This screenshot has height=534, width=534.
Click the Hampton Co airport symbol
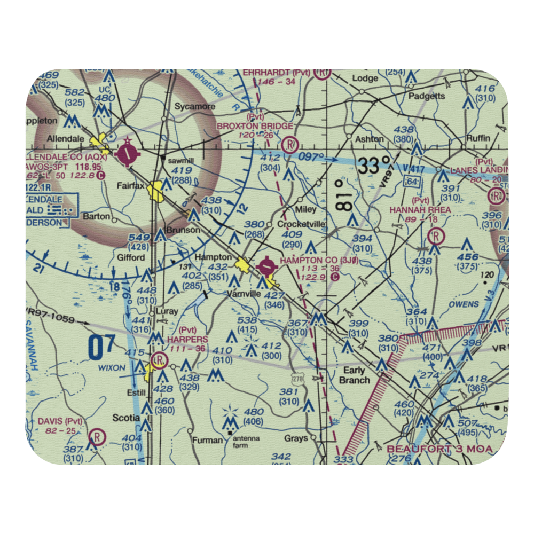click(x=266, y=264)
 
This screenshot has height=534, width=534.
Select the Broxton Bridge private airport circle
click(x=290, y=145)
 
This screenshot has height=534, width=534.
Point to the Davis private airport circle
click(x=98, y=437)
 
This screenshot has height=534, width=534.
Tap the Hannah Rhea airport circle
click(x=436, y=235)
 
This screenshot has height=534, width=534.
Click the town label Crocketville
click(x=301, y=225)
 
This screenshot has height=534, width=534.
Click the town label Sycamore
click(x=195, y=106)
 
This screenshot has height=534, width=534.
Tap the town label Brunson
click(x=183, y=230)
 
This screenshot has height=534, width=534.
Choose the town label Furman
click(x=207, y=440)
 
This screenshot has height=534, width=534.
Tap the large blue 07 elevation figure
click(x=101, y=347)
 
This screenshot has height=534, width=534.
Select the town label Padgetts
click(x=427, y=96)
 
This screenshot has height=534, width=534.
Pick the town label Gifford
click(x=131, y=257)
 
